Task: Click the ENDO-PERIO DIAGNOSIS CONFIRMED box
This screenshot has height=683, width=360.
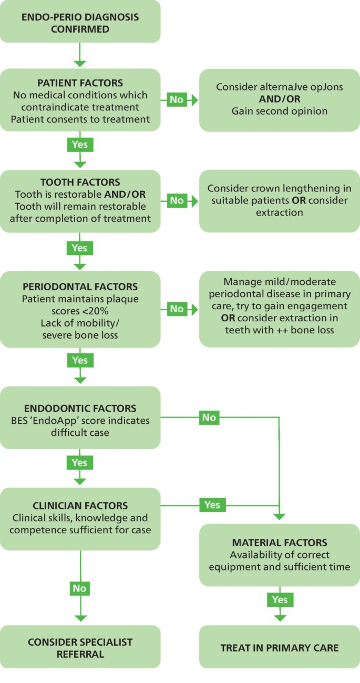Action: click(80, 22)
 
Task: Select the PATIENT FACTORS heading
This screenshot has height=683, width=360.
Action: click(80, 83)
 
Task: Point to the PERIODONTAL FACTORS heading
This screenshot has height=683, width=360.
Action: click(80, 287)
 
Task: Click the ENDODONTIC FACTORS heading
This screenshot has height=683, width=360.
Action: click(80, 408)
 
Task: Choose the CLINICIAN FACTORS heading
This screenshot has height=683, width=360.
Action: click(80, 506)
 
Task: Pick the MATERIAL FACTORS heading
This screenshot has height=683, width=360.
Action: click(280, 542)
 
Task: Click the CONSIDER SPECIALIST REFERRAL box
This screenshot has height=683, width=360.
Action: click(80, 647)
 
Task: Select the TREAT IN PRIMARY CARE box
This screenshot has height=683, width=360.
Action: click(280, 647)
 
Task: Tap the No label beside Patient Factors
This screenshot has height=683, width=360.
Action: click(177, 99)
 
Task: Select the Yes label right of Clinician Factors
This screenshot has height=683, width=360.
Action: click(212, 505)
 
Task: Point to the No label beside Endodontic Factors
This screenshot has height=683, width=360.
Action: click(209, 417)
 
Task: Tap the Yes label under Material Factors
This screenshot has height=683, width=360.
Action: click(279, 599)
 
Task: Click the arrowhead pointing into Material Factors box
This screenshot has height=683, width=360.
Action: click(279, 516)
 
